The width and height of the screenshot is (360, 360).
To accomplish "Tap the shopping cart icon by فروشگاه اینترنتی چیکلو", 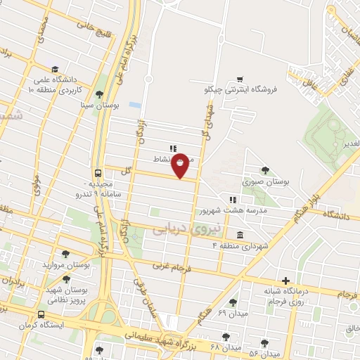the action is (240, 79).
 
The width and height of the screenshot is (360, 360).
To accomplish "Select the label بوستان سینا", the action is (98, 105).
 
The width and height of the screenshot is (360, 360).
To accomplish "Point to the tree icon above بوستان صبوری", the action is (265, 170).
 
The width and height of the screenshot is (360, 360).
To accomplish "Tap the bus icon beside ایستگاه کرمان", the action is (41, 314).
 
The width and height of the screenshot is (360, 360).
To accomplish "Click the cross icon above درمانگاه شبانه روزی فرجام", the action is (285, 280).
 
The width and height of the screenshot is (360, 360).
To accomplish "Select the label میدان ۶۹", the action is (231, 311).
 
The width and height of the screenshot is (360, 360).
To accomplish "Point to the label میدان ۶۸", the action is (226, 347).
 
